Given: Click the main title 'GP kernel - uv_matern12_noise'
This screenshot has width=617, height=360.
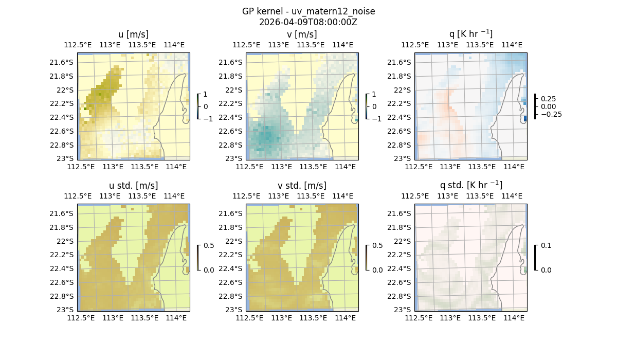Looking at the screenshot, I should coord(308,11).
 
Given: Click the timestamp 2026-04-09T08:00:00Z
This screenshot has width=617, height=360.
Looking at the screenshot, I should coord(308,22).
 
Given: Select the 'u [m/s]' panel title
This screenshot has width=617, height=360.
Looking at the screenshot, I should coord(134,34).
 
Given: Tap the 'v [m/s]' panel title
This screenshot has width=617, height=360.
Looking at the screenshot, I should coord(302,34).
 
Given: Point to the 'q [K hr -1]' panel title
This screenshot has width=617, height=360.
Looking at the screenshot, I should coord(470,34).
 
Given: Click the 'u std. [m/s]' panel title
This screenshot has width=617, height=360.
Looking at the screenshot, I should coord(134,186).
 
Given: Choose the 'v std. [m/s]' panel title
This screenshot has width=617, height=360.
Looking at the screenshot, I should coord(302,186).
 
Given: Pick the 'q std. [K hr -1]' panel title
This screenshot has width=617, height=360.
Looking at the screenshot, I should coord(470,186).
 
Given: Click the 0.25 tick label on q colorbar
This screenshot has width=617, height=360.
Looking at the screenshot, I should coord(548,99).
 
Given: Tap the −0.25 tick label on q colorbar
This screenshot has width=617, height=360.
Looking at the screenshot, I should coord(551,114).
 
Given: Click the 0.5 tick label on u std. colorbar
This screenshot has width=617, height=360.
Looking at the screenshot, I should coord(208,246).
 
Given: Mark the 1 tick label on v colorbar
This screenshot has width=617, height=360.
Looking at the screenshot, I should coord(374,95).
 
